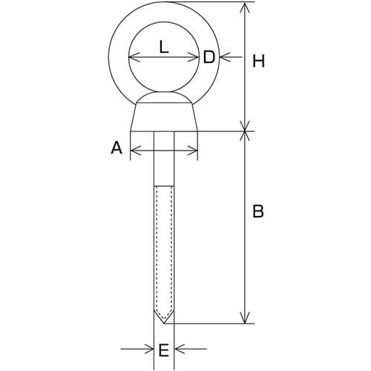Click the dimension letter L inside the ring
point(164,47)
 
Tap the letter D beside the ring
point(209,57)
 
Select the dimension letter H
point(258,61)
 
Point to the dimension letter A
point(116,148)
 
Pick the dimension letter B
point(258,211)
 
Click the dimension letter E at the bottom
point(163,350)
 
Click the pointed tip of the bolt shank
point(164,323)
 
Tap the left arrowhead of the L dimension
point(134,57)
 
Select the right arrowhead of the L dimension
point(194,57)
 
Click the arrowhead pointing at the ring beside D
point(225,57)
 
